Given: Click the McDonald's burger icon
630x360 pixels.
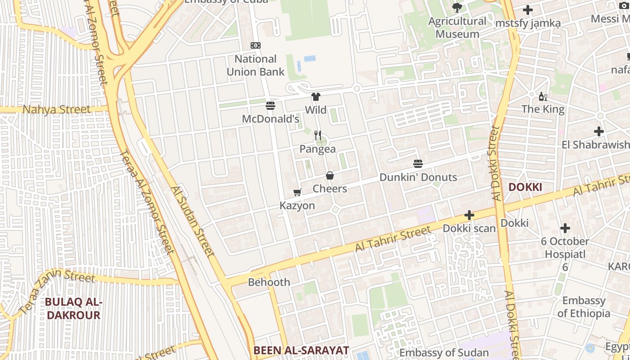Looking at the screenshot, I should click(270, 106).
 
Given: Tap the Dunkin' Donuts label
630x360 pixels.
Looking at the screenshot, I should click(418, 177).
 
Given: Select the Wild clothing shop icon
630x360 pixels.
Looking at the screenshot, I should click(315, 97).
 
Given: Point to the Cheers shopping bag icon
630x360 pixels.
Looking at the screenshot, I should click(330, 175).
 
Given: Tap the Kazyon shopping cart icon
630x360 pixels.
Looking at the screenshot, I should click(297, 193).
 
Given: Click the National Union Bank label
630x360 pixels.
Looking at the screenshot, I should click(256, 65).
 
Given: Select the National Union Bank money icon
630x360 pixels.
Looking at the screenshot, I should click(256, 45).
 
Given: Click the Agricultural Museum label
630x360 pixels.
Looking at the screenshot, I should click(457, 27).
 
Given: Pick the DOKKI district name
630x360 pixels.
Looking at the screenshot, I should click(525, 187).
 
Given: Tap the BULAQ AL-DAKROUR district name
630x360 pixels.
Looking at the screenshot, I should click(73, 309).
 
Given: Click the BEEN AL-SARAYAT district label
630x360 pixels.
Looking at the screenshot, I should click(301, 350).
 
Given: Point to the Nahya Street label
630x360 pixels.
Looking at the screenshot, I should click(57, 109).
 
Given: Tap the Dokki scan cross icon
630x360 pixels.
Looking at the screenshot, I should click(469, 216).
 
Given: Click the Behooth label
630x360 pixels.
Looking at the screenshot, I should click(269, 283).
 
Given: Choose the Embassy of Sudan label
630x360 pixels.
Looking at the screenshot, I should click(444, 353).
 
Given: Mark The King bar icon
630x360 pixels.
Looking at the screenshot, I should click(543, 97).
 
